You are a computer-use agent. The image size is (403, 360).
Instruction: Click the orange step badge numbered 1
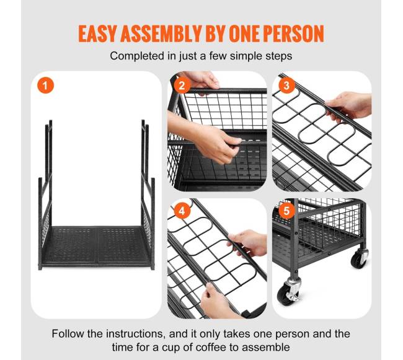point(45,86)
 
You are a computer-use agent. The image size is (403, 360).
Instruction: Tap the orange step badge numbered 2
point(182,86)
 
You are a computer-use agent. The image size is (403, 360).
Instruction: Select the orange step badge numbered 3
point(286,86)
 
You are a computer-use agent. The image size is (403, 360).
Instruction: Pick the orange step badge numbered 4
point(182,211)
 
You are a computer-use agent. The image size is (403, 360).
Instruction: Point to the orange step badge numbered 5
point(286,211)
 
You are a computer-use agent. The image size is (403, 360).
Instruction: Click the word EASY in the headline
point(98,33)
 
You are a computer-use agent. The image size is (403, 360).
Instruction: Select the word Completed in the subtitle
point(138,56)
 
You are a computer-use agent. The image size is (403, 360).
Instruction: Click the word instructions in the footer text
point(135,334)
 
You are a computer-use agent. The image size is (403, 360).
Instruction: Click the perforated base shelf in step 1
point(96,245)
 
